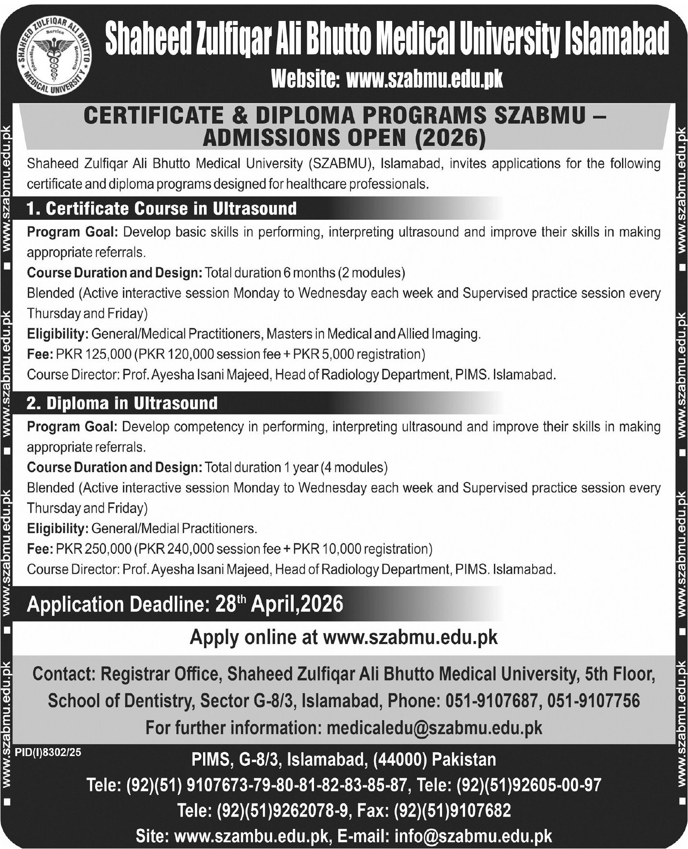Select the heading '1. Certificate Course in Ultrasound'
[162, 208]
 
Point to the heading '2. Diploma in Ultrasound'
[122, 403]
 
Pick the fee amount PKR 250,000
[93, 549]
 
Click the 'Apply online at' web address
[410, 637]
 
